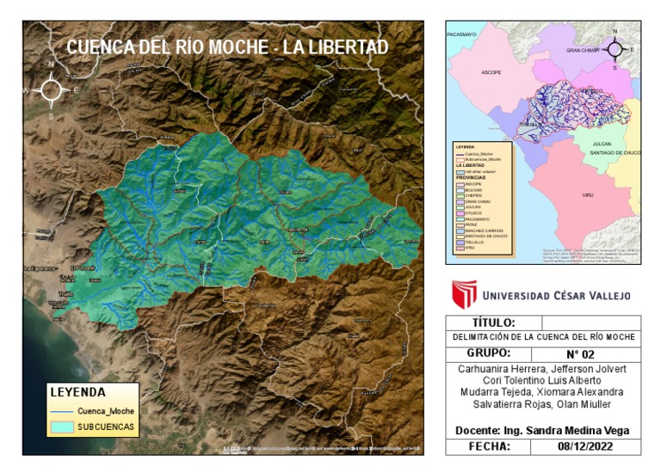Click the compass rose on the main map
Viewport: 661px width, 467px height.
point(51,89)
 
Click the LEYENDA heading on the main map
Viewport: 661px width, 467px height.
point(77,392)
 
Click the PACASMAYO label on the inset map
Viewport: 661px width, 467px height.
point(462,34)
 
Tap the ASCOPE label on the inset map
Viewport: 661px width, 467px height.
point(491,72)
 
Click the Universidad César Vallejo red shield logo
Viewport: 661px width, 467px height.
point(464,294)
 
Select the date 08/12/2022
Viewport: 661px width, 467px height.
point(585,447)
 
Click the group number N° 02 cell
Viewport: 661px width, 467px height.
point(585,354)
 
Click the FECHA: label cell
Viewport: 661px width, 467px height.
point(488,447)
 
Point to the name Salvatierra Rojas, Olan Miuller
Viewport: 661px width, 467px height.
point(543,404)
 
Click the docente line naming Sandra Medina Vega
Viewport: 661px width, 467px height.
point(543,430)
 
